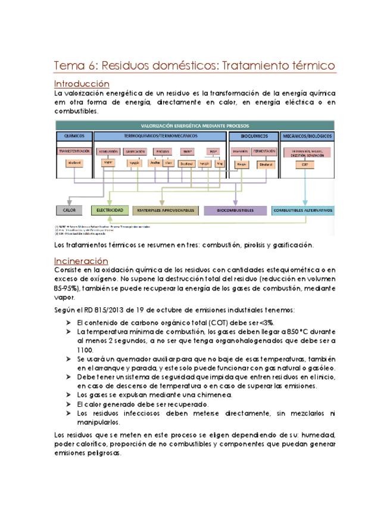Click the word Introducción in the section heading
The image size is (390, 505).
tap(82, 84)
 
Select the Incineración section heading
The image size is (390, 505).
tap(81, 261)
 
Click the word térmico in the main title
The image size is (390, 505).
tap(308, 65)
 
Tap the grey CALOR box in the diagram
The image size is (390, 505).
tap(69, 210)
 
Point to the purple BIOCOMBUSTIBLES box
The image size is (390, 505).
tap(235, 210)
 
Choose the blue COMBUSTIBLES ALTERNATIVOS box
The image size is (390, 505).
tap(303, 210)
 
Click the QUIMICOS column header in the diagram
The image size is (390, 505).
tap(73, 136)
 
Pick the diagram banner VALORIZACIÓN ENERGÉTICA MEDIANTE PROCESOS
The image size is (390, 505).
tap(195, 126)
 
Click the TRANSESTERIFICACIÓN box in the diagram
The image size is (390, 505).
tap(74, 151)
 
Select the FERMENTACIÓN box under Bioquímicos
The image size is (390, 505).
tap(264, 151)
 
